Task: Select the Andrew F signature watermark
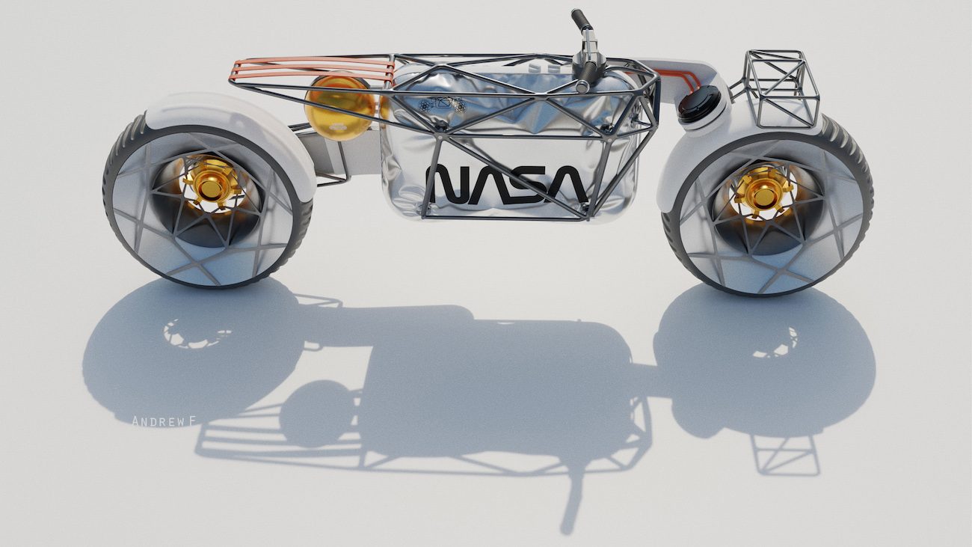pyautogui.click(x=164, y=421)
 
